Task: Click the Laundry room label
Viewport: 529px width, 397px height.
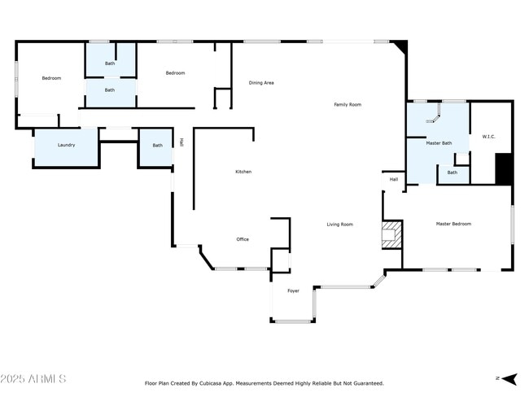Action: tap(67, 145)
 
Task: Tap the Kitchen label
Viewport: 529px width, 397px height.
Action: tap(243, 172)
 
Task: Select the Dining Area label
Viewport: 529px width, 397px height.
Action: tap(261, 83)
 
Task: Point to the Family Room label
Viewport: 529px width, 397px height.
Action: tap(348, 104)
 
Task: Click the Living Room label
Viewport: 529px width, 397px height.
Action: tap(340, 224)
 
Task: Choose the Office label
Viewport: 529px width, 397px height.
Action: tap(243, 239)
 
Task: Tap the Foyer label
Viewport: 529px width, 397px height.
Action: tap(293, 290)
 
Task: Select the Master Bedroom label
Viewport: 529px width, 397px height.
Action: tap(453, 224)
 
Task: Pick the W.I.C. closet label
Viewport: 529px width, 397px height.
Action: tap(489, 136)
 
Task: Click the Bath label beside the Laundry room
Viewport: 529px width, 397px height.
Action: tap(157, 145)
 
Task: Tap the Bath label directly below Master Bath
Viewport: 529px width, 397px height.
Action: tap(452, 172)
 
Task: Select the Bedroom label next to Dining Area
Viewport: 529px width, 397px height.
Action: tap(176, 73)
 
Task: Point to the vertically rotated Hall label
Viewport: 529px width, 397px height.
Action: tap(181, 142)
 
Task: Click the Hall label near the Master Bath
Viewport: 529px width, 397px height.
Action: tap(394, 179)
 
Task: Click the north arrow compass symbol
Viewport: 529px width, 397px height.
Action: tap(509, 378)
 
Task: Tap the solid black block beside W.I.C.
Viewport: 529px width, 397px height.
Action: tap(504, 168)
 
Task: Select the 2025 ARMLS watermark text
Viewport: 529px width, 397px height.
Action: tap(34, 379)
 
